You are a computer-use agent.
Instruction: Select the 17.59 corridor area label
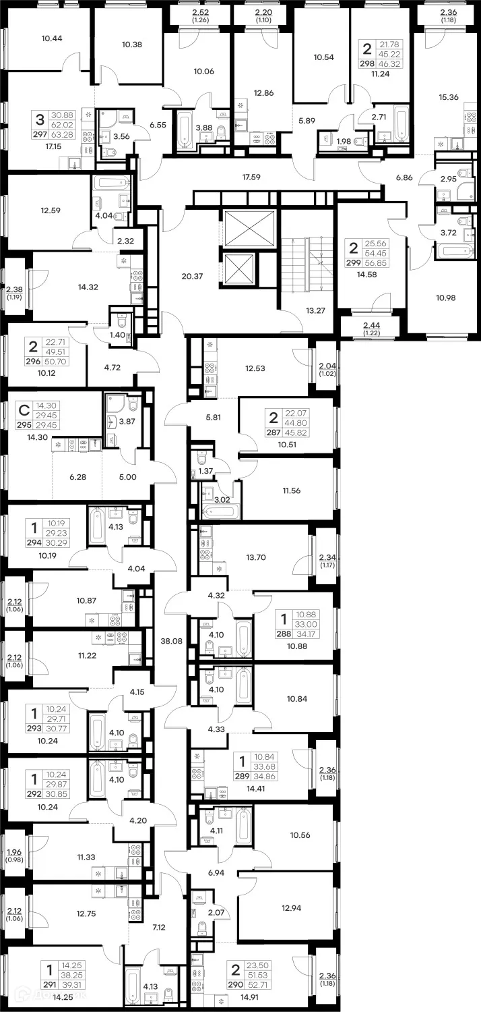tap(253, 179)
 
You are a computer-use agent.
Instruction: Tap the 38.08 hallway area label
tap(172, 641)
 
